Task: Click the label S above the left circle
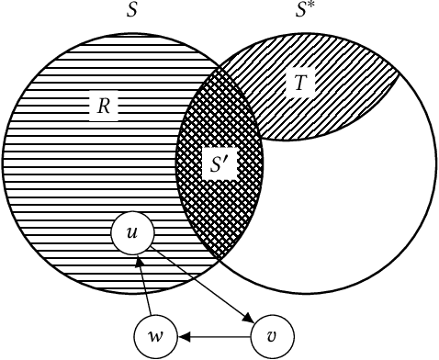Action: click(x=133, y=12)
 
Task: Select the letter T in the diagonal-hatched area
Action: click(x=300, y=83)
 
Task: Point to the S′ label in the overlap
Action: click(x=219, y=166)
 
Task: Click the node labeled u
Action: click(x=131, y=234)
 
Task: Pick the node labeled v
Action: click(x=272, y=335)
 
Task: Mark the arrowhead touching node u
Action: click(x=139, y=261)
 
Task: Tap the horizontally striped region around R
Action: click(x=73, y=165)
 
